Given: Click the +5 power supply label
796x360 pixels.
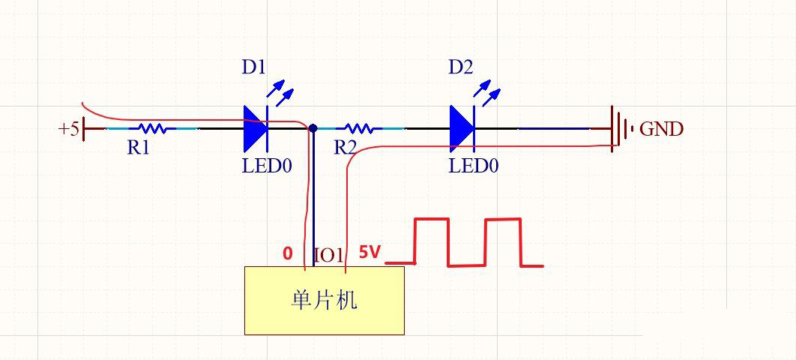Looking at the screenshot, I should [x=68, y=129].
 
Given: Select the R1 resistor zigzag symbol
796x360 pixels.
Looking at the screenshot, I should [x=152, y=128].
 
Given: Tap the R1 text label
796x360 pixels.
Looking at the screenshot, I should [x=138, y=148].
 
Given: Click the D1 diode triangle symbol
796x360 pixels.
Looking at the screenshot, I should [x=256, y=128].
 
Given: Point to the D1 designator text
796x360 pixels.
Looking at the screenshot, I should [x=253, y=67].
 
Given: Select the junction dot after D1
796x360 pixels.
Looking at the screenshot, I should [x=313, y=128].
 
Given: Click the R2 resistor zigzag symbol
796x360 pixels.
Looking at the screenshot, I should [x=358, y=128].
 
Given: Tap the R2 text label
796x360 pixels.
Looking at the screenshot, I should [x=345, y=148].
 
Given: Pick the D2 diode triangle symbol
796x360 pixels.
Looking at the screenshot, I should [x=462, y=128].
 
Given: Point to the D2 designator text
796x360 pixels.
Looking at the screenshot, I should [x=460, y=67].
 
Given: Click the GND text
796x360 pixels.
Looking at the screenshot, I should [x=661, y=129].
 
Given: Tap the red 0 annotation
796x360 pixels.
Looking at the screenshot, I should [x=288, y=253].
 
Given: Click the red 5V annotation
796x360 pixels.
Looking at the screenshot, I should [x=370, y=252].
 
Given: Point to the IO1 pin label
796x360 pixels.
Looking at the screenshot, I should [x=328, y=255].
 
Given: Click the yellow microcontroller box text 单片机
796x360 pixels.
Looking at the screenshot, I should [x=324, y=300].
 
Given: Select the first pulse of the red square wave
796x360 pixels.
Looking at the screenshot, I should [x=432, y=241].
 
